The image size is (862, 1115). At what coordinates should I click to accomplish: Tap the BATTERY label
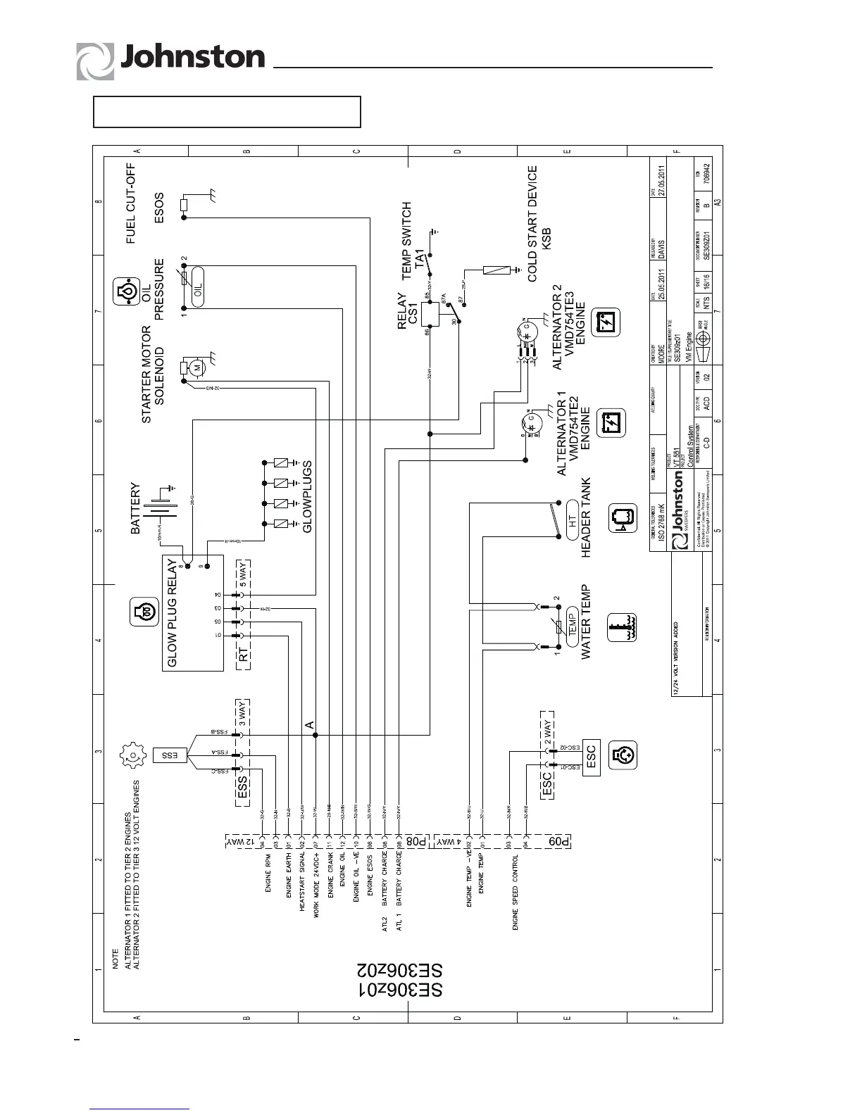point(136,509)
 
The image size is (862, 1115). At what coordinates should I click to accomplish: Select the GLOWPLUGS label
point(307,496)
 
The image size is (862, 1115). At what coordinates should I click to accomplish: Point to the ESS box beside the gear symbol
point(170,755)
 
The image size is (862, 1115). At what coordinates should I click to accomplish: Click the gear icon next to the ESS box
point(132,755)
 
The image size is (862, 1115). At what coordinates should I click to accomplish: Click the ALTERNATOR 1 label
point(562,439)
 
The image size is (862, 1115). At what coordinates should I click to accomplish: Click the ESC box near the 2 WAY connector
point(589,755)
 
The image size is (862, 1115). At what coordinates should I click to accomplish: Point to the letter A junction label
point(308,724)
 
